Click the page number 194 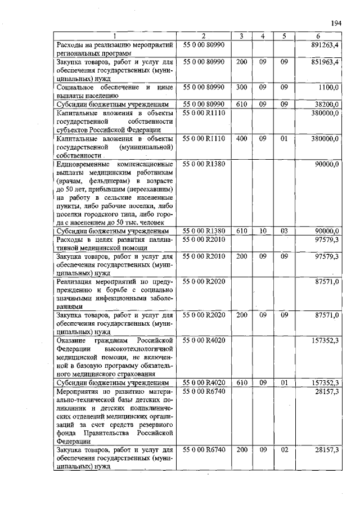pos(336,23)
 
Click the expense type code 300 pos(242,87)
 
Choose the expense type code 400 pos(242,138)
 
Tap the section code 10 pos(263,231)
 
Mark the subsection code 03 pos(285,231)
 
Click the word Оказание pos(71,340)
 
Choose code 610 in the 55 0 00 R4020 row pos(242,382)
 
